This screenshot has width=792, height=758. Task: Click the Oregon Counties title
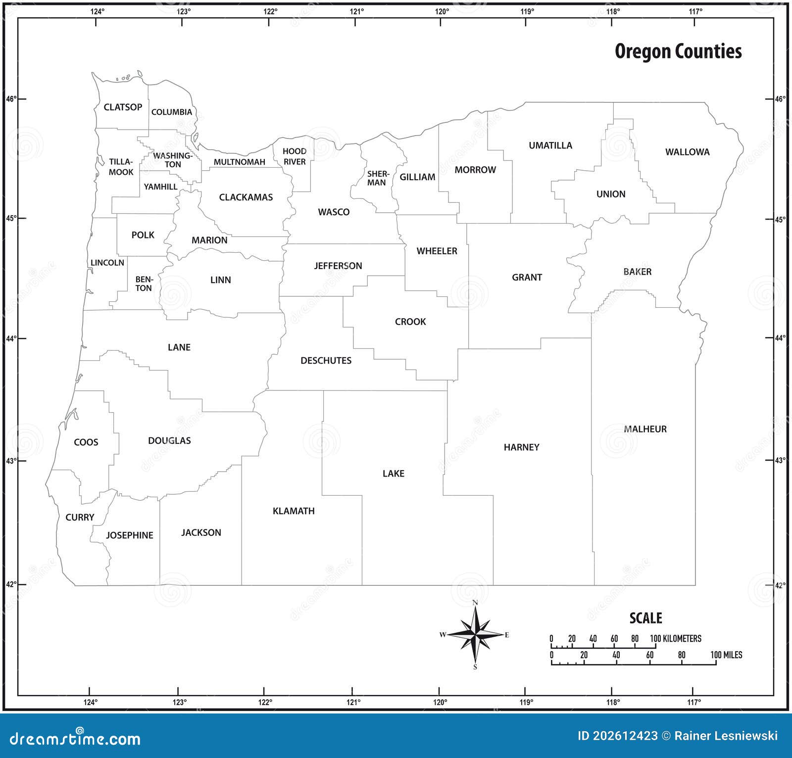678,51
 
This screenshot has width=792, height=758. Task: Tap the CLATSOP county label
123,107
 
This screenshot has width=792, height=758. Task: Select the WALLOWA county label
687,152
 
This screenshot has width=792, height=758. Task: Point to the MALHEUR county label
645,429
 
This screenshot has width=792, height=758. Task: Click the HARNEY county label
521,447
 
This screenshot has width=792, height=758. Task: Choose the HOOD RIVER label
295,156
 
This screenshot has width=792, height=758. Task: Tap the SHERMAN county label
378,178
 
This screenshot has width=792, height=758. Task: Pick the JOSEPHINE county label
129,535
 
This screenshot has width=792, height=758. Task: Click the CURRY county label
80,517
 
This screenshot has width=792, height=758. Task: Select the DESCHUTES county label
326,361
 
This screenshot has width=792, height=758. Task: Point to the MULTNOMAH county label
239,162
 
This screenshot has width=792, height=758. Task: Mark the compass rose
475,635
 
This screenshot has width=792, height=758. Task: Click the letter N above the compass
475,603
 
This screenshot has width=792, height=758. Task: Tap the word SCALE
645,618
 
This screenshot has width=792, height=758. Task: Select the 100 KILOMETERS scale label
676,639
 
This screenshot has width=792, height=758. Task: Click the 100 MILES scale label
726,655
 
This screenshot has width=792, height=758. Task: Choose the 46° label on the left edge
11,99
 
